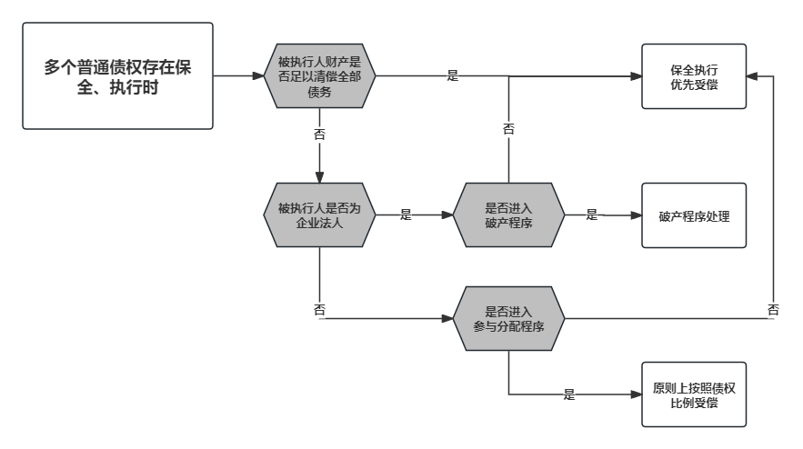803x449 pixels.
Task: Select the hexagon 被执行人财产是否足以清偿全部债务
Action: [319, 76]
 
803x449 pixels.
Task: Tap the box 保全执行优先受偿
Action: [693, 76]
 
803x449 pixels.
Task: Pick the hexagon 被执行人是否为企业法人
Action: [319, 215]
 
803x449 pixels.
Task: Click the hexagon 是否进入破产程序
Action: [508, 215]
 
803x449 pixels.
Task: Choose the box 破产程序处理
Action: [693, 215]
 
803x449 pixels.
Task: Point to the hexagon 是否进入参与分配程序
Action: [508, 319]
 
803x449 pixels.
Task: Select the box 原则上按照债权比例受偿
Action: [693, 394]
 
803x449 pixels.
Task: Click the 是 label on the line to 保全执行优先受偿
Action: [452, 76]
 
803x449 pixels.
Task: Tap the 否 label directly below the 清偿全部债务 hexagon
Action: [319, 134]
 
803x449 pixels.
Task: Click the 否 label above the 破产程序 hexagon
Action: [508, 129]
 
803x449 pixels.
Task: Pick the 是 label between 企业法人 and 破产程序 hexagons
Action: [406, 215]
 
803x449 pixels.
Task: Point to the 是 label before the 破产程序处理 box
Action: [591, 215]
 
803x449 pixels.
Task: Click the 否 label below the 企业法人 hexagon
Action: [319, 310]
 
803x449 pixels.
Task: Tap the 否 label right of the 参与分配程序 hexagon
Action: [773, 310]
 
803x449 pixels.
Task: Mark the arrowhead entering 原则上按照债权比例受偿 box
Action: [636, 394]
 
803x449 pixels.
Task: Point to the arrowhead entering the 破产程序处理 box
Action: [636, 215]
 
